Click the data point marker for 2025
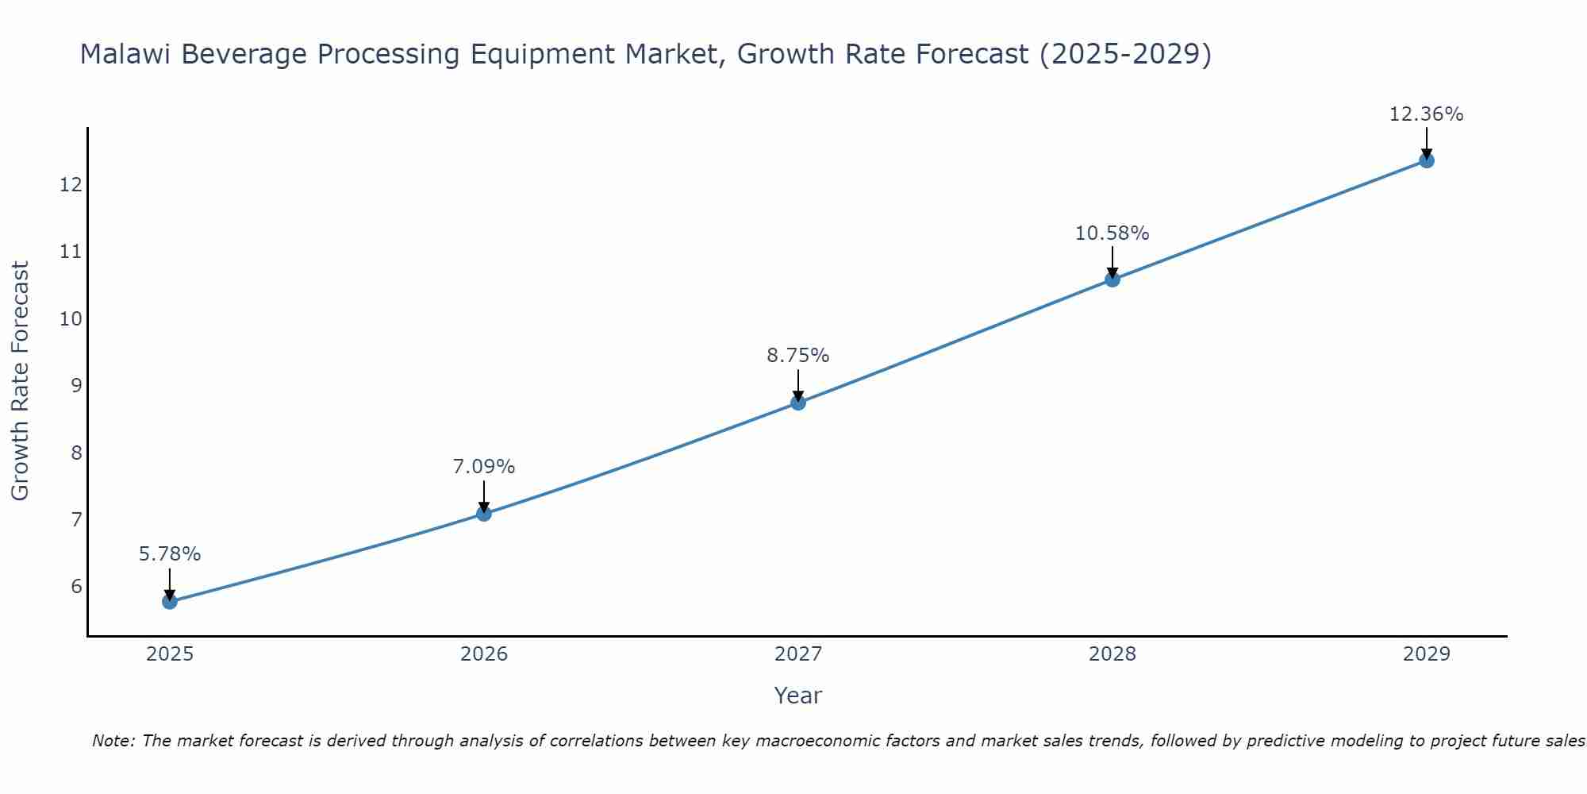click(170, 602)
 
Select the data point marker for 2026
click(484, 514)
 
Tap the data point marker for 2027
click(798, 403)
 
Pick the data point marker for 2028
click(1112, 279)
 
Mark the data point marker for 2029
click(1427, 160)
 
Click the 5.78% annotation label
click(170, 554)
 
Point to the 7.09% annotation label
click(484, 467)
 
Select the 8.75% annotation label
click(798, 356)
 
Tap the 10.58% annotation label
click(1112, 233)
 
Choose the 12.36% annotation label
click(1427, 114)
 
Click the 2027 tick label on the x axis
click(798, 654)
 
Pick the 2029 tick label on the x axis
click(1427, 654)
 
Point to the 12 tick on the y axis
click(71, 185)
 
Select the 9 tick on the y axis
click(76, 386)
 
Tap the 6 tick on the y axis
click(76, 587)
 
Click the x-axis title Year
click(798, 696)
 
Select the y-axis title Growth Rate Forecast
click(21, 381)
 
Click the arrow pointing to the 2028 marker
click(1112, 262)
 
